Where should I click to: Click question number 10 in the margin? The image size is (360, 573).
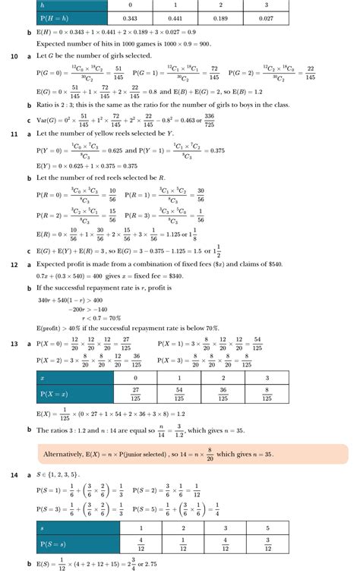pyautogui.click(x=14, y=56)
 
